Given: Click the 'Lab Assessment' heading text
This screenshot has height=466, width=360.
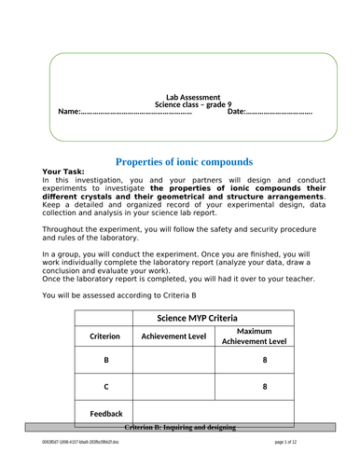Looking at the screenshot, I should [192, 97].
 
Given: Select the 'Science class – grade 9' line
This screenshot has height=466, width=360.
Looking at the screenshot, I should [192, 104].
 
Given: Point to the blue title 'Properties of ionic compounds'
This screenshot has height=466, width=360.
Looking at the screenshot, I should [183, 161].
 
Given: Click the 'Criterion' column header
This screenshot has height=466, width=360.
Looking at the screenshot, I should [104, 336].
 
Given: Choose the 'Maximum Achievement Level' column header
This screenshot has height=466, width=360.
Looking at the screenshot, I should [264, 336].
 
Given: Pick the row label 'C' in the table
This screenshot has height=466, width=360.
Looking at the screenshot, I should [104, 386].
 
